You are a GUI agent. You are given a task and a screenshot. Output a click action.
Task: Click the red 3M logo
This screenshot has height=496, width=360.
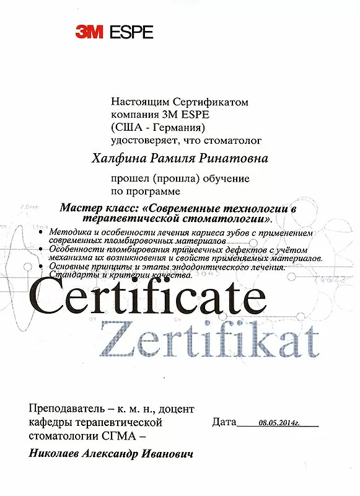pos(89,32)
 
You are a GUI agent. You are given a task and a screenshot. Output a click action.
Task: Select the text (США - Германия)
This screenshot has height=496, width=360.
pos(157,128)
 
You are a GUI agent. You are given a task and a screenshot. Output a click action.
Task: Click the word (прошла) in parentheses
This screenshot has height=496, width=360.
pos(182,179)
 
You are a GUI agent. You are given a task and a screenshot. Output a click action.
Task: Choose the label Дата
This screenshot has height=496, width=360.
pos(224,423)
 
